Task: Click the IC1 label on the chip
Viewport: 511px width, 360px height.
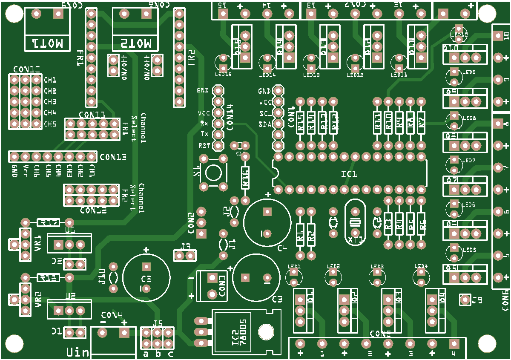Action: (349, 174)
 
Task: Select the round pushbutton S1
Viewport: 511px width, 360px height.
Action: (213, 173)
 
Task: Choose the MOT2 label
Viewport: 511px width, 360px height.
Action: (135, 43)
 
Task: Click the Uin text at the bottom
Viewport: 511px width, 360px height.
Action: (78, 352)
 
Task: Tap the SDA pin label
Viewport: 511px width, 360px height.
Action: (264, 124)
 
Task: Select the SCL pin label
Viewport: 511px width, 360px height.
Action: (264, 113)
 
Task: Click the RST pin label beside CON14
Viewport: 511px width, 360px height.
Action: (204, 145)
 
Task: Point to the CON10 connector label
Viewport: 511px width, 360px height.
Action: (26, 69)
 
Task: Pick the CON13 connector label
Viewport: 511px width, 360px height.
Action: (113, 157)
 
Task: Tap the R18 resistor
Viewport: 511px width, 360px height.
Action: (48, 278)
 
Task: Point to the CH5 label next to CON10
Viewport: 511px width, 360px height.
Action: (50, 124)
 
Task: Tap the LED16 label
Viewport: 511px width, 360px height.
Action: (223, 75)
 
